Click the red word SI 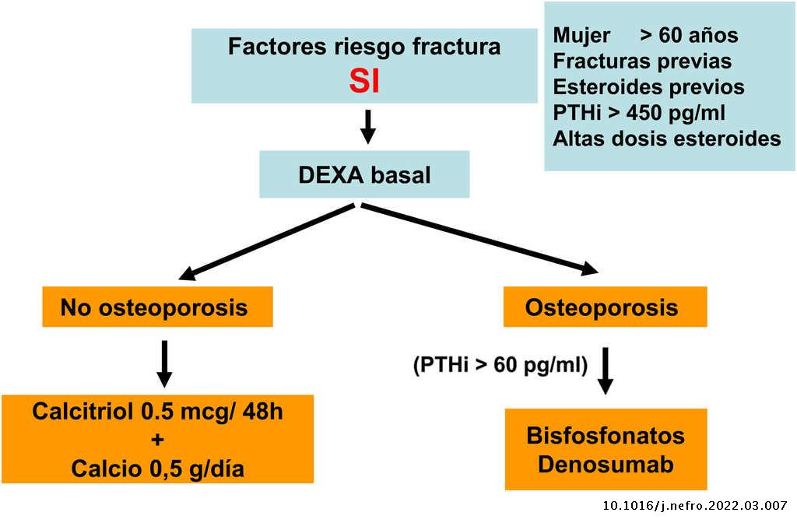(364, 81)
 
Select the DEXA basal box (364, 174)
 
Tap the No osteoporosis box (153, 307)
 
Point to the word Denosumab (605, 465)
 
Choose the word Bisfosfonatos (605, 435)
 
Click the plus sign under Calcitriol (157, 440)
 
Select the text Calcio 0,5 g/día (157, 469)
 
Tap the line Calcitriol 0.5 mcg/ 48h (157, 411)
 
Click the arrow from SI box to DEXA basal (369, 127)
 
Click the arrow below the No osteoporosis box (164, 363)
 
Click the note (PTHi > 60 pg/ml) (500, 364)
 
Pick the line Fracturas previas (642, 61)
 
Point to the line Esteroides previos (648, 87)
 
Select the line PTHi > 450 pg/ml (639, 113)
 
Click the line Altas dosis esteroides (667, 139)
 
